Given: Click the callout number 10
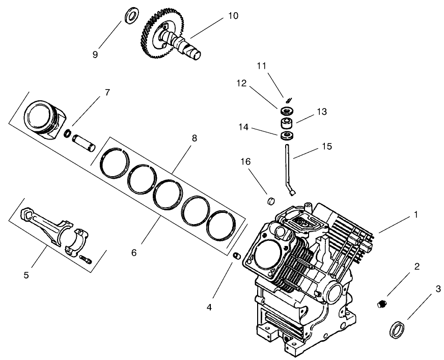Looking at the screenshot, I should click(232, 15).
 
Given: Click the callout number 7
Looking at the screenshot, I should click(107, 92).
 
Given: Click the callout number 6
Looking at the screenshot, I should click(133, 252).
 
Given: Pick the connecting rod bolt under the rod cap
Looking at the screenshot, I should click(87, 260).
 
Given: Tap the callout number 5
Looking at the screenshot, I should click(26, 275).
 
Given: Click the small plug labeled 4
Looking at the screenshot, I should click(236, 255).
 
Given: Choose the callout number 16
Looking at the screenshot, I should click(246, 161).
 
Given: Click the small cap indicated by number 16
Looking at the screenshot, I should click(271, 199).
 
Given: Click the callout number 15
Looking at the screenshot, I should click(327, 146).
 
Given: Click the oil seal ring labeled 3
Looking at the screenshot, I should click(396, 329).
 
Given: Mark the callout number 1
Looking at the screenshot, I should click(415, 215).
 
